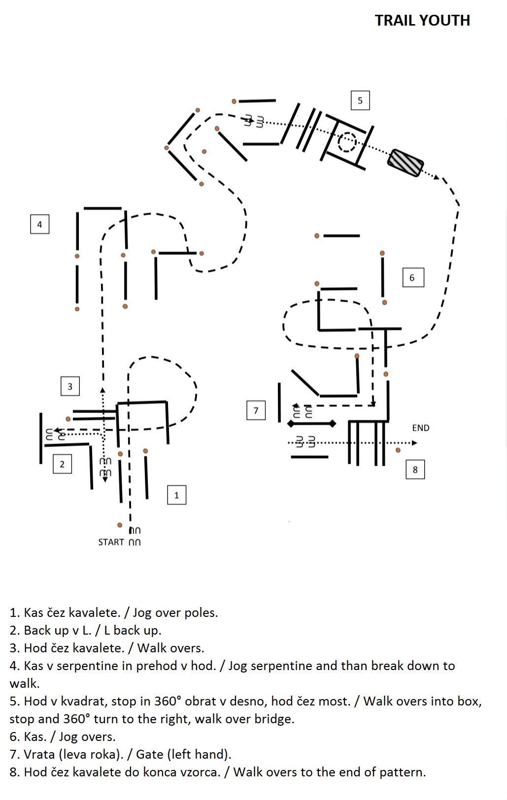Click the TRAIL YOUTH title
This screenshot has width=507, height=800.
point(422,21)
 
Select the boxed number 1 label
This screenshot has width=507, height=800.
point(176,495)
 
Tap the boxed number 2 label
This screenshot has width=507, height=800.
point(62,464)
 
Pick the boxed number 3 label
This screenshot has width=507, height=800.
point(70,386)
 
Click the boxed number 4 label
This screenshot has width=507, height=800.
point(40,224)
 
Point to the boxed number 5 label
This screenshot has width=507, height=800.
point(360,100)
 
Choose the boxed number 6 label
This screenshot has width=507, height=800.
point(413,278)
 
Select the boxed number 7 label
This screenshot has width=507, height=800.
point(256,411)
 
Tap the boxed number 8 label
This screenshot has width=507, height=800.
point(415,469)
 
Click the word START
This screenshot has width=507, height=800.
point(111,542)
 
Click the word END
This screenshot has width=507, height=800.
point(420,428)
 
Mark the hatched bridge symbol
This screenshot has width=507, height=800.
point(406,163)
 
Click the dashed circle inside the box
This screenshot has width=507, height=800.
point(347,142)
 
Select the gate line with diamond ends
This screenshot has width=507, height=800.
point(312,423)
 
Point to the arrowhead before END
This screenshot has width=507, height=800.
point(414,443)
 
